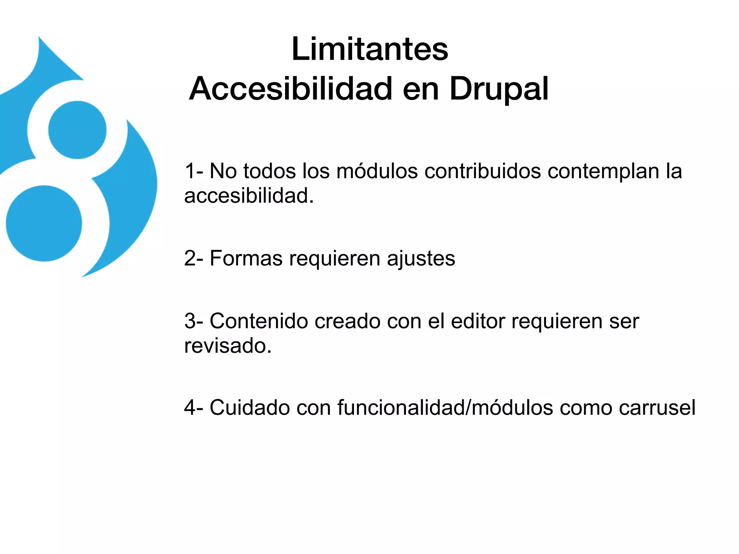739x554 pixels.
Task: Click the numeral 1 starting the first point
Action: [190, 171]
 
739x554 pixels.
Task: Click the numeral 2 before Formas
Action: [190, 259]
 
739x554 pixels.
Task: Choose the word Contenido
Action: [259, 321]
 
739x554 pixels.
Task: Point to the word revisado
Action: [227, 346]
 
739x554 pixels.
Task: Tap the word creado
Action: [347, 321]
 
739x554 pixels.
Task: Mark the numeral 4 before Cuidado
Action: [190, 408]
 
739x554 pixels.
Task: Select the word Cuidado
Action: [250, 408]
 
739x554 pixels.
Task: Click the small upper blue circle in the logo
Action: [77, 130]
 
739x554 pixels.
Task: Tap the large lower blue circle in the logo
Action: [44, 223]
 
